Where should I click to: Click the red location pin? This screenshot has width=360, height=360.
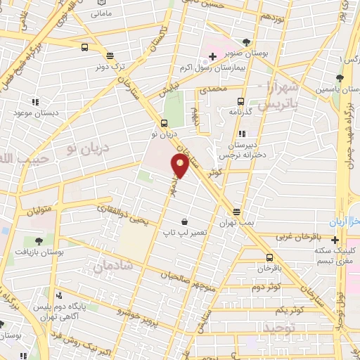coord(181,166)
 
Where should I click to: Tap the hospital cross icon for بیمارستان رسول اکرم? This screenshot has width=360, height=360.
coord(212,55)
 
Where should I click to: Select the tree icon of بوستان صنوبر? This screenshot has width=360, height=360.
coord(246,42)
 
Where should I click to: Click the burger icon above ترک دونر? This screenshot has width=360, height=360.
coord(110,55)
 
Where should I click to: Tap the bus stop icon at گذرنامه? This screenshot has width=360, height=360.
coord(240,101)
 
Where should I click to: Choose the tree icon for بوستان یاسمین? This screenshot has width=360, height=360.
coord(341,78)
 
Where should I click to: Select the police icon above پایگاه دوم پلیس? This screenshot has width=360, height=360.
coord(59,295)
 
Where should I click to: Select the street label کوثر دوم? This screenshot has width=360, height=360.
coord(266,288)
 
